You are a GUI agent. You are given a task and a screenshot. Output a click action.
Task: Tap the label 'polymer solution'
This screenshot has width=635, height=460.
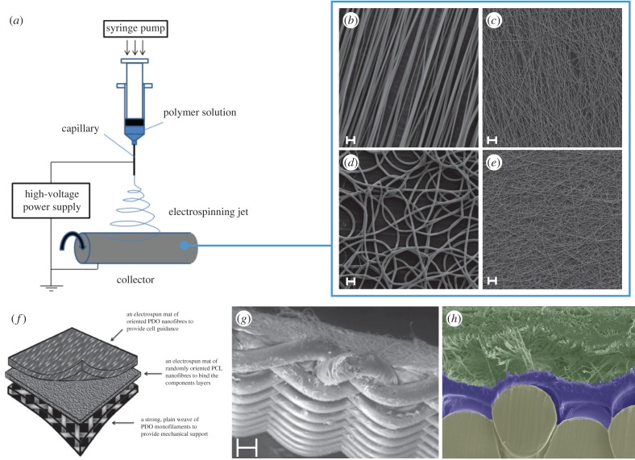(199, 111)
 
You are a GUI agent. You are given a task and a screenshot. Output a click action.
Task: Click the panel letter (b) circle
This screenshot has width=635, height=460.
(351, 22)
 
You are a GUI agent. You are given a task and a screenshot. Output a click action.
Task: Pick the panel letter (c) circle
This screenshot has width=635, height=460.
(495, 22)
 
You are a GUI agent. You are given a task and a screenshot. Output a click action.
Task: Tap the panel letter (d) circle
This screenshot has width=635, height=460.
(352, 166)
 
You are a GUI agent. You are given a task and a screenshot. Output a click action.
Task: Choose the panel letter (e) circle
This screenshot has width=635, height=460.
(495, 166)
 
